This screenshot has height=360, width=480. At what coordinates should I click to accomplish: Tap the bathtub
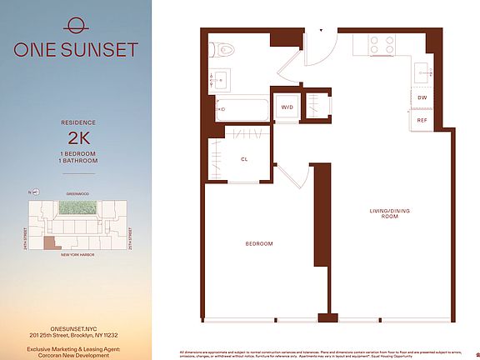pyautogui.click(x=242, y=108)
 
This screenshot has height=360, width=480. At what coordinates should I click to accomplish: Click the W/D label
pyautogui.click(x=286, y=107)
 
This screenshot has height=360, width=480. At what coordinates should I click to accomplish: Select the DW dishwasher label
pyautogui.click(x=422, y=97)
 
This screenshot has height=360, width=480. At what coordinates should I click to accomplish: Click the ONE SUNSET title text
pyautogui.click(x=75, y=49)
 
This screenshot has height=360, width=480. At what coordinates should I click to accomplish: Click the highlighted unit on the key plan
pyautogui.click(x=52, y=242)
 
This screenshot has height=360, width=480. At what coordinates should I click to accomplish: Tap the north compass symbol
pyautogui.click(x=30, y=192)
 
